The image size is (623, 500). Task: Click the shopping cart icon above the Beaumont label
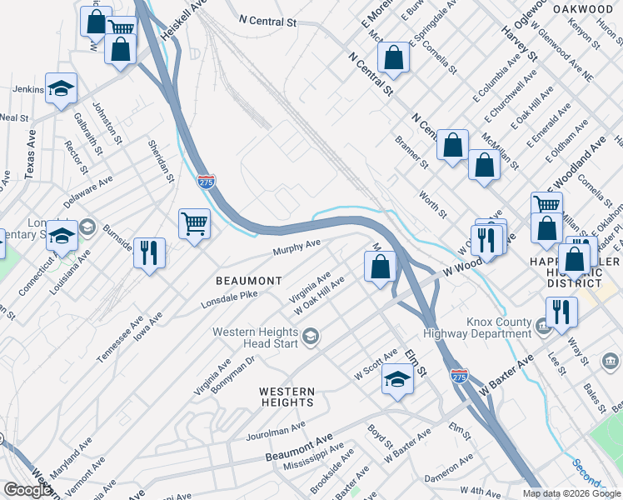click(x=194, y=223)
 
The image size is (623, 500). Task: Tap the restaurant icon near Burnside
click(x=149, y=252)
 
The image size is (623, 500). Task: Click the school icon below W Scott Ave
click(x=397, y=379)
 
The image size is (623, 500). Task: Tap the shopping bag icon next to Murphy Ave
click(x=380, y=267)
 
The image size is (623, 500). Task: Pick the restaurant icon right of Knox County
click(x=561, y=312)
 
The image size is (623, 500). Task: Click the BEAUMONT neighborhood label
click(x=250, y=281)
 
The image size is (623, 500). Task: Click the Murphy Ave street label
click(x=297, y=247)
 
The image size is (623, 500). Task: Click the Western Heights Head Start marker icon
click(x=311, y=337)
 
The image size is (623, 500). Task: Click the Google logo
click(x=27, y=490)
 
